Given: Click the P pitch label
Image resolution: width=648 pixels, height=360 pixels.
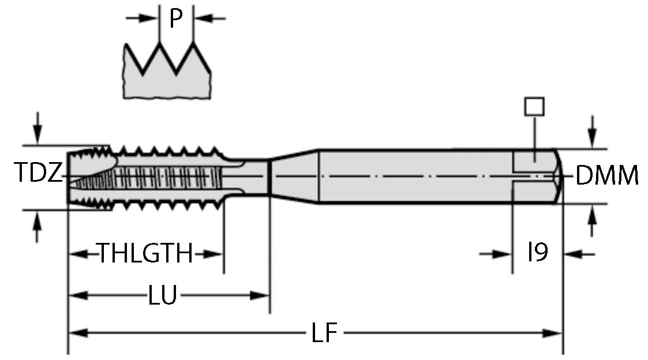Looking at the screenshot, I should click(x=175, y=19).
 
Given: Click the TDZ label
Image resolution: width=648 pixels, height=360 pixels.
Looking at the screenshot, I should click(x=37, y=174).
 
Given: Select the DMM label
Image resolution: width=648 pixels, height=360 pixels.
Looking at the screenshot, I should click(x=608, y=175).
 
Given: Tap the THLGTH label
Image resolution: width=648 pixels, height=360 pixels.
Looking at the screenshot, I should click(x=144, y=253).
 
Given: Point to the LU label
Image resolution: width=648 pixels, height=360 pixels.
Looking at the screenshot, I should click(x=162, y=296).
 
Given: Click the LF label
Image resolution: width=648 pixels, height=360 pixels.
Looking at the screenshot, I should click(x=324, y=333).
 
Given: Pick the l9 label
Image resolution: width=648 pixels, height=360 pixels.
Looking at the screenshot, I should click(x=537, y=253).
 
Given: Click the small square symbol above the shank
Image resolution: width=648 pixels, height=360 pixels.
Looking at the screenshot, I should click(x=534, y=107).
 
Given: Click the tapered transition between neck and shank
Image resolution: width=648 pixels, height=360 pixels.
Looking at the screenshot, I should click(x=294, y=176).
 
